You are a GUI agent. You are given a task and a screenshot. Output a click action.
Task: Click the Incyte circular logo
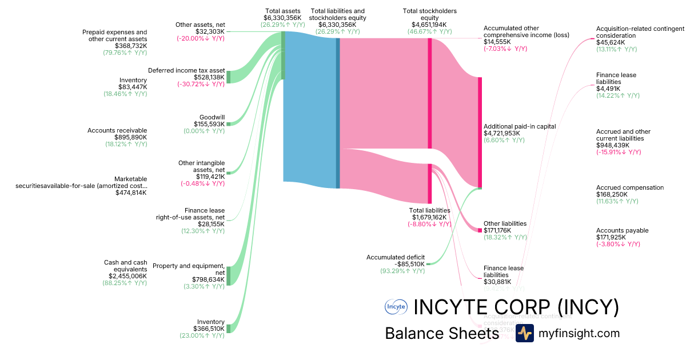396,307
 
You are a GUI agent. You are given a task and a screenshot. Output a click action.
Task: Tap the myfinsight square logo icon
524,333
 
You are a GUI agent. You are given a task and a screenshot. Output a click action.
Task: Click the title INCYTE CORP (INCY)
516,307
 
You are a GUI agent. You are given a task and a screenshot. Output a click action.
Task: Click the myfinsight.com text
579,333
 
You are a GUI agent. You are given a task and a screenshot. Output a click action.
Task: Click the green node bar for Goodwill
229,123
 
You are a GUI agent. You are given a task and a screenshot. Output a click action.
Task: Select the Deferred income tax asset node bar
229,77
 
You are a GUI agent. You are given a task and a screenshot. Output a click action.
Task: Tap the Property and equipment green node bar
229,275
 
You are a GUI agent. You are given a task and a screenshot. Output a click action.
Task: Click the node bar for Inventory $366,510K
229,328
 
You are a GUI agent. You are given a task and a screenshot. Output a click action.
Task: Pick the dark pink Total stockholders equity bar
430,94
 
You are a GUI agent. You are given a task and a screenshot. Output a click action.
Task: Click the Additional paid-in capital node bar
480,132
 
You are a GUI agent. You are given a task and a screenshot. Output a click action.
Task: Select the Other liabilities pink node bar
480,230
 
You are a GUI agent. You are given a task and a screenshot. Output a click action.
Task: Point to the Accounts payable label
622,230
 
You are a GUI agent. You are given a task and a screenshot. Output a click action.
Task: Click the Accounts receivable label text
117,130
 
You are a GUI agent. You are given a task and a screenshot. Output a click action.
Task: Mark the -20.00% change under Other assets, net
200,38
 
